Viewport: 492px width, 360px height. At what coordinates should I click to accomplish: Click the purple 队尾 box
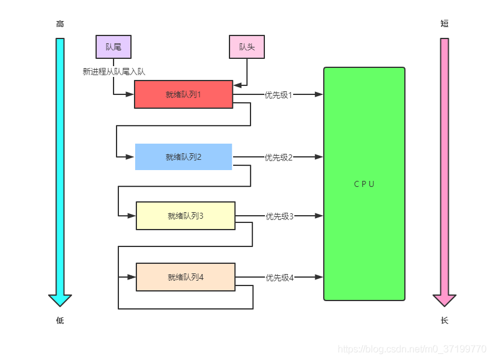(x=114, y=47)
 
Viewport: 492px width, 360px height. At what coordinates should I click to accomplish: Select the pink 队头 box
(x=247, y=47)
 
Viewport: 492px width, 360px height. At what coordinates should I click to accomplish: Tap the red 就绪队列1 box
(x=184, y=94)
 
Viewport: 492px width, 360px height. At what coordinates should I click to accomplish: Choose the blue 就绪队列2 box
(x=184, y=157)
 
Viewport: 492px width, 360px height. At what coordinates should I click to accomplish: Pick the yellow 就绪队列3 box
(x=186, y=216)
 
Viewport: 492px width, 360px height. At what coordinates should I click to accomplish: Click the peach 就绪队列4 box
(x=186, y=277)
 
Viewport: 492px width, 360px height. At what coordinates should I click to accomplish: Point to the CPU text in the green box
(x=364, y=184)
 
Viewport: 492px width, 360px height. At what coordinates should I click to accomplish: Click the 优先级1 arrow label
(x=278, y=95)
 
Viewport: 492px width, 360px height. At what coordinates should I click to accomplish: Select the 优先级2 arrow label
(x=278, y=157)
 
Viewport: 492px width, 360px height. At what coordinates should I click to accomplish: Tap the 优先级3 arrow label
(x=279, y=216)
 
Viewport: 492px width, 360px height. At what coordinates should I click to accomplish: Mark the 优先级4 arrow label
(x=279, y=278)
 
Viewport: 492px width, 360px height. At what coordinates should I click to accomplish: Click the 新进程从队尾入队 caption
(x=114, y=72)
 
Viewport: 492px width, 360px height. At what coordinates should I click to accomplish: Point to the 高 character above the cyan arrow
(x=60, y=24)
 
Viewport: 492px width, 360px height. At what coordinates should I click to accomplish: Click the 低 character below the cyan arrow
(x=60, y=320)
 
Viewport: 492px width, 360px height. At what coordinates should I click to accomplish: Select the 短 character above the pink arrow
(x=445, y=23)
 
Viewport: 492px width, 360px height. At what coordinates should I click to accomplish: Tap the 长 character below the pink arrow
(x=445, y=320)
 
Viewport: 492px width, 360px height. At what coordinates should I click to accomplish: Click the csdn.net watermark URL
(x=412, y=349)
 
